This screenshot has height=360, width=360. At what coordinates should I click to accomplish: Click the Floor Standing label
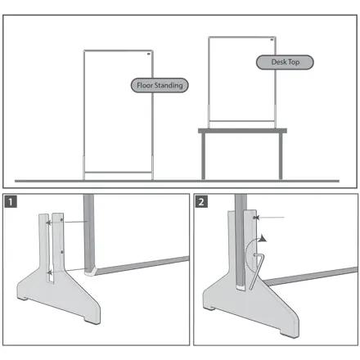pos(160,85)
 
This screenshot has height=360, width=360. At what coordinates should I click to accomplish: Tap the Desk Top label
pos(285,62)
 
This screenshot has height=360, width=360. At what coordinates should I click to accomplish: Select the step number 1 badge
pos(11,202)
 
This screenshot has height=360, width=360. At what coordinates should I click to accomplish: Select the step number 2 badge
pos(201,202)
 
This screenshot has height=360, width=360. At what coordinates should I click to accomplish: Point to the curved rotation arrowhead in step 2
pos(263,238)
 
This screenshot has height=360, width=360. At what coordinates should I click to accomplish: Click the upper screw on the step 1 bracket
pos(61,220)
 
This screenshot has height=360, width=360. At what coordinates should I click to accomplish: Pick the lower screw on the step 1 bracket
pos(62,252)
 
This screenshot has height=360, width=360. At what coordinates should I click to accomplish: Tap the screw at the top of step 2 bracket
pos(254,218)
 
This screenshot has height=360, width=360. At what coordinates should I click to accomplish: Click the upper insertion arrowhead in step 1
pos(48,223)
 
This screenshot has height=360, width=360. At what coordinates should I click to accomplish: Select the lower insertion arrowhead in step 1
pos(49,272)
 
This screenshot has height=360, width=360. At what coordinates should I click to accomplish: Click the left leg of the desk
pos(203,156)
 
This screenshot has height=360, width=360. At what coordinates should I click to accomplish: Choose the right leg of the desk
pos(281,156)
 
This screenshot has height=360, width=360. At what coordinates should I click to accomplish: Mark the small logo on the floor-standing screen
pos(149,54)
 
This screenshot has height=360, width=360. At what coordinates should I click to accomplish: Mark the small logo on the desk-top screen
pos(272,40)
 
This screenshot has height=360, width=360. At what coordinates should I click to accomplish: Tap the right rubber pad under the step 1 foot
pos(92,322)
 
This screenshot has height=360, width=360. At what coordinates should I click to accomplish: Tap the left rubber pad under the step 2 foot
pos(209,308)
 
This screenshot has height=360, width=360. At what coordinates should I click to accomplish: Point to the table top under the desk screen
pos(242,131)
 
